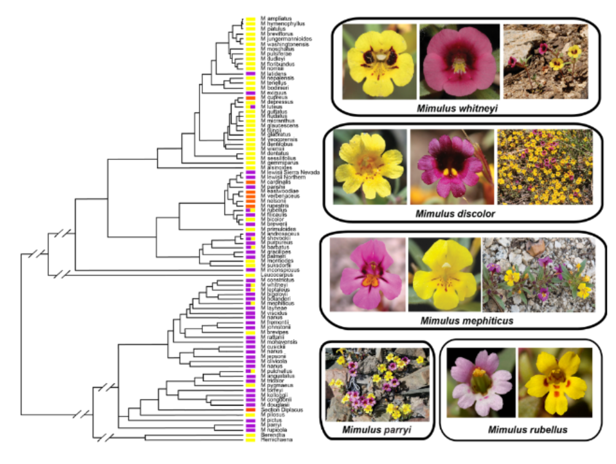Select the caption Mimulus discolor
[x=455, y=214]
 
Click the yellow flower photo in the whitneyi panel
[x=380, y=61]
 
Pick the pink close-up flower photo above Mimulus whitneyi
[x=459, y=61]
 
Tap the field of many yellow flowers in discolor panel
[x=545, y=167]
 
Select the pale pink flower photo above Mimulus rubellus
[x=480, y=382]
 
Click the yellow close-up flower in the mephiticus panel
[x=444, y=274]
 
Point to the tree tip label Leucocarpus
[x=274, y=274]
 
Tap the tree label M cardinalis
[x=274, y=182]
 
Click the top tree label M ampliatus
[x=275, y=18]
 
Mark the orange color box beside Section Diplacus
[x=251, y=410]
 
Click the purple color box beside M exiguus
[x=251, y=92]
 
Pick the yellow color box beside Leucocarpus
[x=251, y=274]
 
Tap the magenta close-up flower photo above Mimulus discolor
[x=451, y=167]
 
